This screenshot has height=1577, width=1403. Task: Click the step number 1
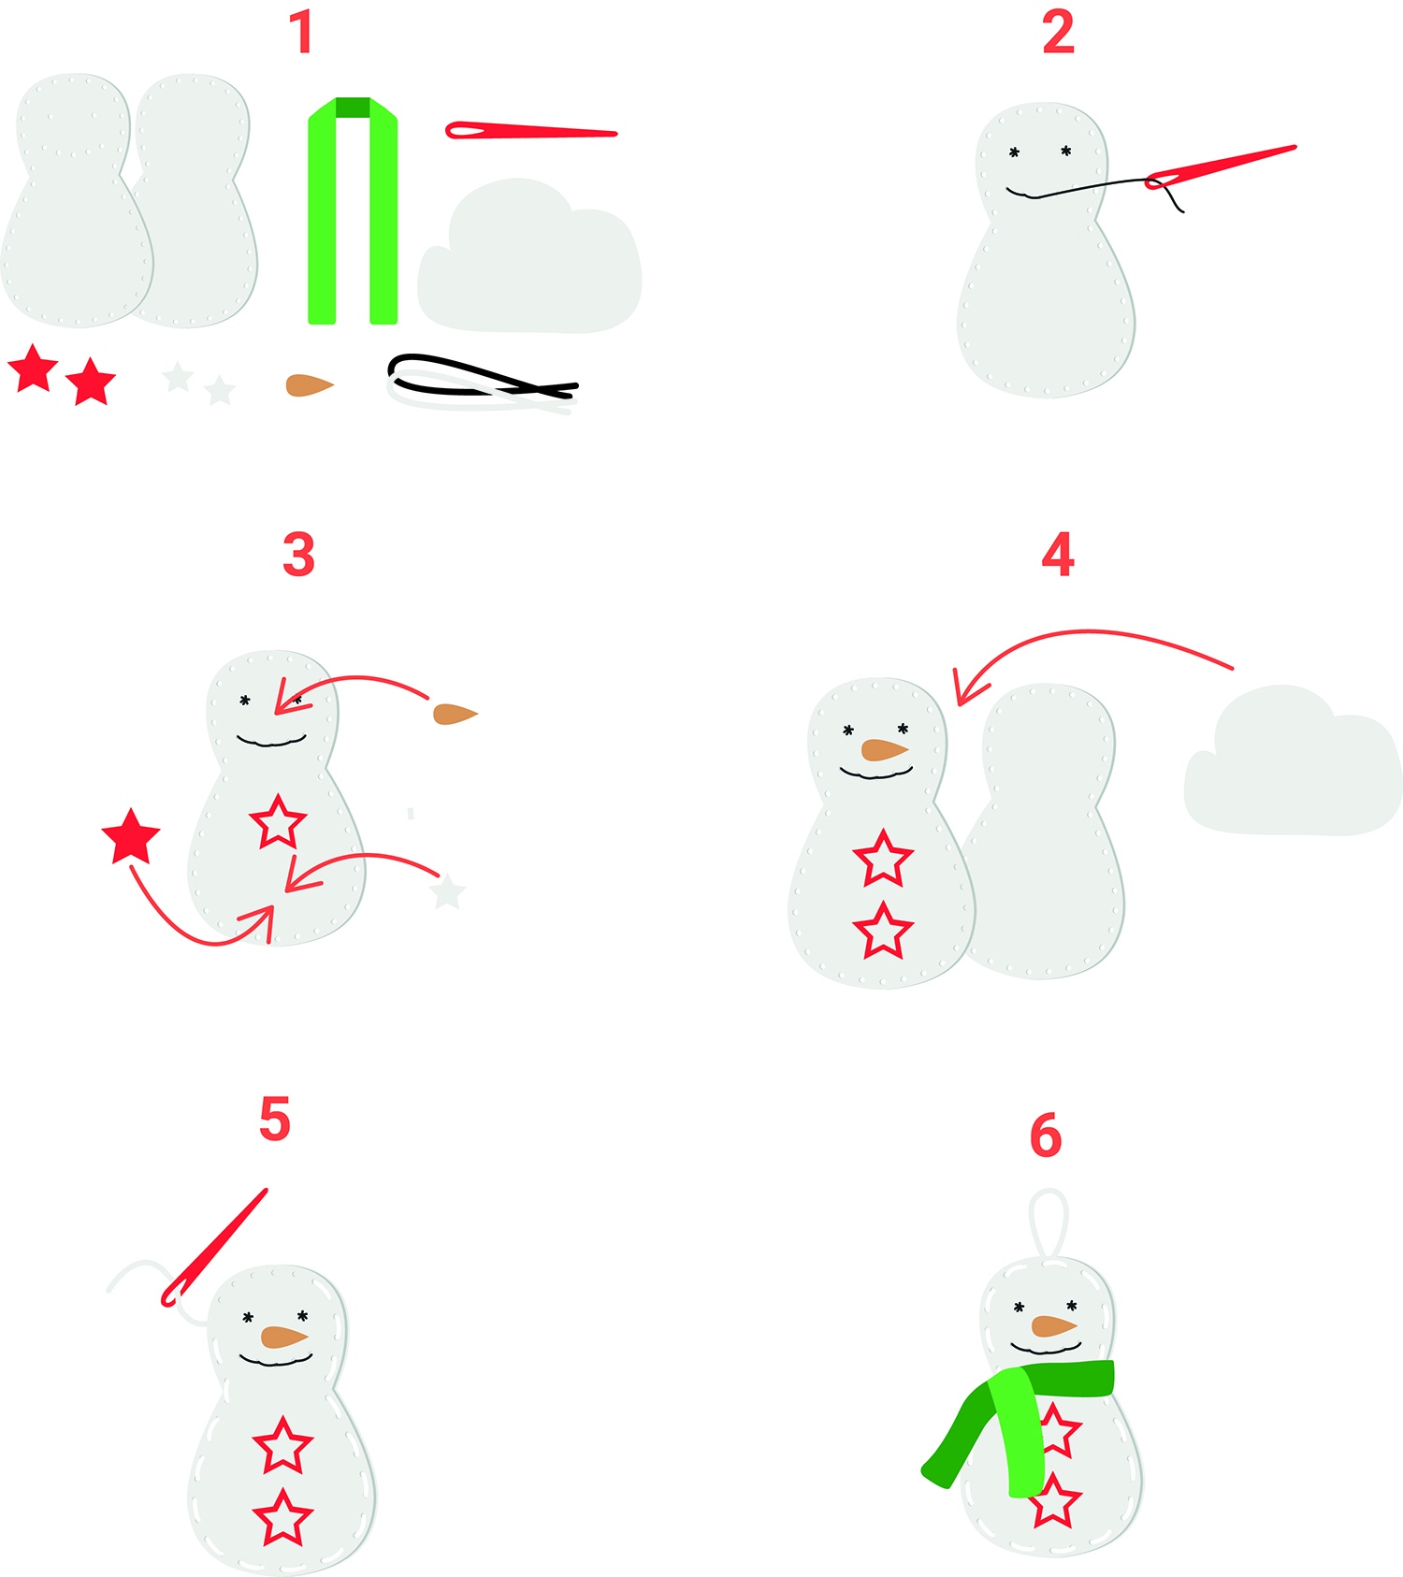point(301,32)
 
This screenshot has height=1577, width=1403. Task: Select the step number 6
point(1046,1136)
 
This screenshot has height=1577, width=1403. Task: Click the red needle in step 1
point(530,131)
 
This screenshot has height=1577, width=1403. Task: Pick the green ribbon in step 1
point(353,210)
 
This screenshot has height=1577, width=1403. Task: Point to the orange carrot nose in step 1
point(309,385)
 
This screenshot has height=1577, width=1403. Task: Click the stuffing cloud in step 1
point(529,256)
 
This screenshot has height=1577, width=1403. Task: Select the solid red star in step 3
point(131,836)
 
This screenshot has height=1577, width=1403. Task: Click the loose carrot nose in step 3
point(455,715)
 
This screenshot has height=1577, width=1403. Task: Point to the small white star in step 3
point(447,892)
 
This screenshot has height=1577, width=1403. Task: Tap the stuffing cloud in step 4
point(1293,762)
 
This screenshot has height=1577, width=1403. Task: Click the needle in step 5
point(213,1248)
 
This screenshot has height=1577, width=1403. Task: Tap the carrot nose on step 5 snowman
point(284,1338)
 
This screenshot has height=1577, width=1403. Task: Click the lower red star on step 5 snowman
point(282,1519)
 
